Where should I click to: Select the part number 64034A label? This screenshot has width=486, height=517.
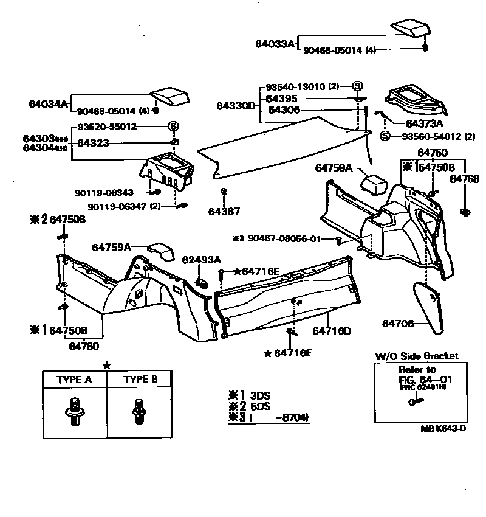pyautogui.click(x=49, y=103)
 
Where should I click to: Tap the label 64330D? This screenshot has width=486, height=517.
pyautogui.click(x=236, y=106)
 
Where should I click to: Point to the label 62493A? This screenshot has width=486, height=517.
pyautogui.click(x=201, y=260)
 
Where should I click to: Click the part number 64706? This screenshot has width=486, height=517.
pyautogui.click(x=398, y=324)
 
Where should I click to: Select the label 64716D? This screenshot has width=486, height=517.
pyautogui.click(x=332, y=331)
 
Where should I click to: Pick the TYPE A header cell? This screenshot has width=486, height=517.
pyautogui.click(x=74, y=380)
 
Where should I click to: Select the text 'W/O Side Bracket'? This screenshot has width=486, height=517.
pyautogui.click(x=416, y=356)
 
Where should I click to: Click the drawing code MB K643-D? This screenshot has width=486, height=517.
pyautogui.click(x=443, y=428)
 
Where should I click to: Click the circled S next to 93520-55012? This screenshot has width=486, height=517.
pyautogui.click(x=173, y=127)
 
